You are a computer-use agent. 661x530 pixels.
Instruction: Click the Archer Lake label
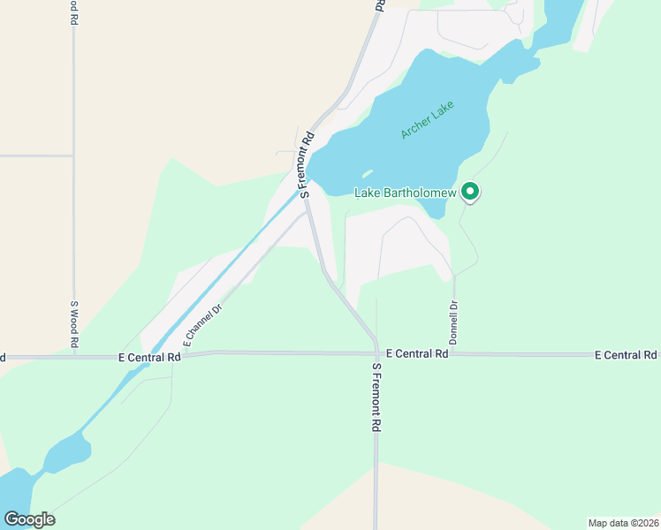(x=427, y=120)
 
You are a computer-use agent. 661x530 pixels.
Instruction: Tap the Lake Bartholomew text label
(x=405, y=193)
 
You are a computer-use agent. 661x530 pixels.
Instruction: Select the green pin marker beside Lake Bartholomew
(x=471, y=191)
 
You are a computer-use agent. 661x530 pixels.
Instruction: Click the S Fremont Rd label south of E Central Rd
(x=376, y=397)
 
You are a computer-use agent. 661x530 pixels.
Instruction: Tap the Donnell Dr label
(x=453, y=322)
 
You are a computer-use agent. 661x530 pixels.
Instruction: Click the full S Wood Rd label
(x=74, y=325)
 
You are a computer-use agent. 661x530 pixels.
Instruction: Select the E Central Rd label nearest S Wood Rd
(x=149, y=358)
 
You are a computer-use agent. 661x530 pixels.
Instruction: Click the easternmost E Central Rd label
(x=625, y=355)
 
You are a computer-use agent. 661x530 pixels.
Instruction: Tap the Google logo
(x=29, y=519)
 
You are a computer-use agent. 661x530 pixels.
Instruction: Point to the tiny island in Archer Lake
(x=367, y=173)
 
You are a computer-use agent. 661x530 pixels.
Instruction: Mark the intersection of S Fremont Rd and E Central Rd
(x=376, y=353)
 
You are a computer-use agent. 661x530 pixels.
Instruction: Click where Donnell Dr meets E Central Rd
(x=453, y=353)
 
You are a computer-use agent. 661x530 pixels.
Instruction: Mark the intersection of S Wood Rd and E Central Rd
(x=74, y=358)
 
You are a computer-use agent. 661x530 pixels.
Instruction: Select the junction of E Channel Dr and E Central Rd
(x=173, y=356)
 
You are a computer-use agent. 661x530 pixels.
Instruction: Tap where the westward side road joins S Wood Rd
(x=74, y=155)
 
